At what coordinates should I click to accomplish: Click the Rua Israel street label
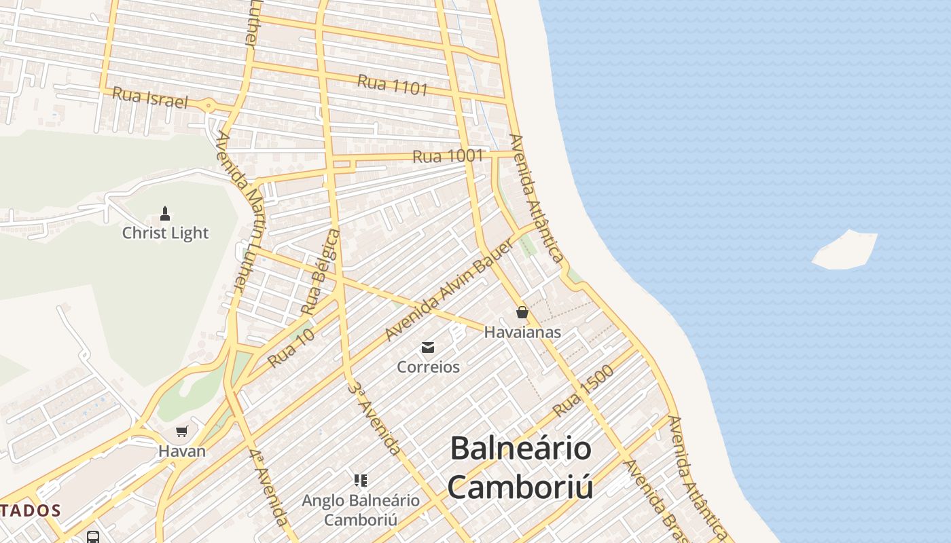tap(149, 98)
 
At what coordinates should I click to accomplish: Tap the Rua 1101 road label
tap(393, 85)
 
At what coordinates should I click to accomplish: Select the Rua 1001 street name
tap(448, 156)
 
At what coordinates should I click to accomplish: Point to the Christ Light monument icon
tap(164, 214)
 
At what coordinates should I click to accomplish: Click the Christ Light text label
tap(165, 233)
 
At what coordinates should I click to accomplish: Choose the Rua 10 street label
tap(291, 348)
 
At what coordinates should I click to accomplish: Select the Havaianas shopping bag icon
tap(522, 312)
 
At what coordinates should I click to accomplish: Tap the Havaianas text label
tap(522, 332)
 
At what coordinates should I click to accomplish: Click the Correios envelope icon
tap(428, 348)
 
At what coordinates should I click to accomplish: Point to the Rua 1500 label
tap(583, 392)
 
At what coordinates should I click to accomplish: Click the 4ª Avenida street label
tap(267, 487)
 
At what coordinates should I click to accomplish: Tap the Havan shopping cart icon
tap(181, 432)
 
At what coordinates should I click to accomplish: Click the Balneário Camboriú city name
tap(520, 468)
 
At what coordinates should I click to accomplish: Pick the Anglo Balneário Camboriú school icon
tap(361, 481)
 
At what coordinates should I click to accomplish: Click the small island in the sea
tap(845, 250)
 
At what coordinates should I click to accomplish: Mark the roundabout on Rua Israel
tap(208, 105)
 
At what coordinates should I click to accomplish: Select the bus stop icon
tap(93, 537)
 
